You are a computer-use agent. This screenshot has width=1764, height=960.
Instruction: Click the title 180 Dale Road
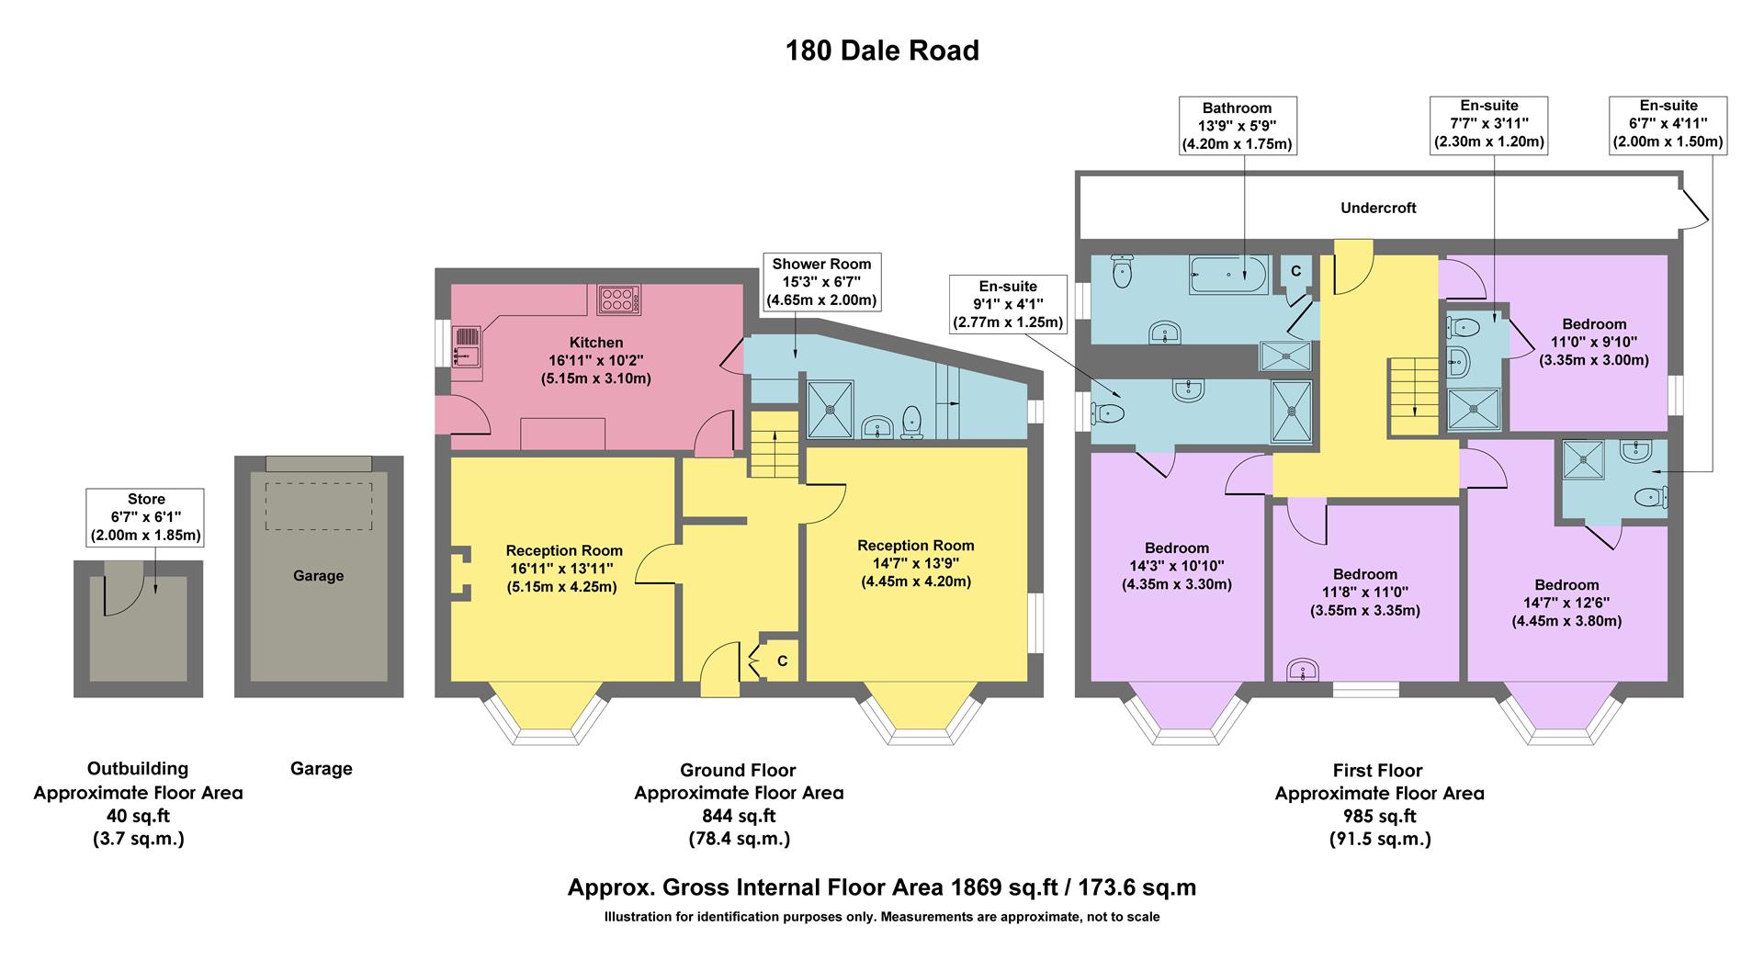coord(882,50)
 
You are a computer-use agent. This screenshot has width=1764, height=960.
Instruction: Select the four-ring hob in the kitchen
coord(619,299)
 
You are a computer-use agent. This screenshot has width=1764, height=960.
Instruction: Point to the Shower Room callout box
coord(821,282)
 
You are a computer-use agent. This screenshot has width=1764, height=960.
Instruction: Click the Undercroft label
coord(1377,208)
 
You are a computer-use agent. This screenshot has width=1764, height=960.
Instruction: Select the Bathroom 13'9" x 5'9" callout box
coord(1237,126)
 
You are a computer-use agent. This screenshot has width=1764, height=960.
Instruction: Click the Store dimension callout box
coord(146,517)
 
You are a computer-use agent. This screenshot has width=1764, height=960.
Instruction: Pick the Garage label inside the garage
coord(318,576)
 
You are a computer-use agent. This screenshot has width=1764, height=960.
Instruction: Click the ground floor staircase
coord(774,445)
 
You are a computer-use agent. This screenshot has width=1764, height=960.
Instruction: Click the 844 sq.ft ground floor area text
coord(739,816)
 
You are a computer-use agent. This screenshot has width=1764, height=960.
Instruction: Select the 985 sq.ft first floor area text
coord(1378,816)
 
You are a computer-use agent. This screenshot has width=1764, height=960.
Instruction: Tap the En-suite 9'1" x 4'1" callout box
coord(1008,304)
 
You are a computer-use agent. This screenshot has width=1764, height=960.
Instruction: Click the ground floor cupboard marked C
coord(781,661)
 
